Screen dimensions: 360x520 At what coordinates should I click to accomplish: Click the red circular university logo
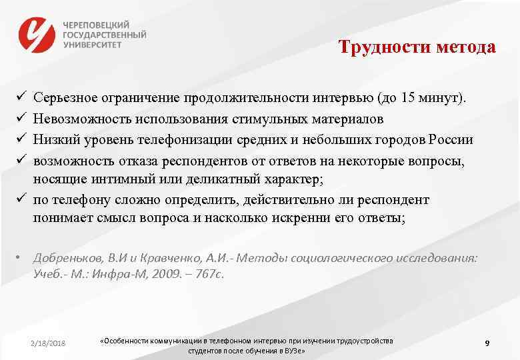pos(37,34)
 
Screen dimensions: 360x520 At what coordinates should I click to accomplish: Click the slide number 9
pos(487,343)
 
